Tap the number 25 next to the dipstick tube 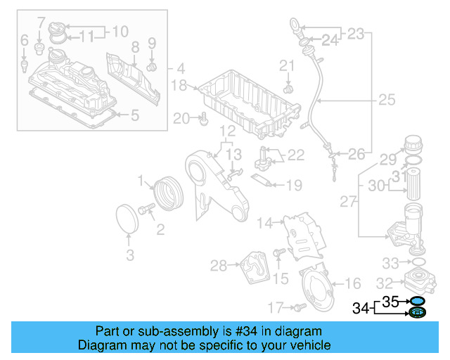387,100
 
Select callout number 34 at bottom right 360,307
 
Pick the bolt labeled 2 148,209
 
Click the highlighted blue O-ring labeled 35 417,301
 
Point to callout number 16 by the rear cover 353,283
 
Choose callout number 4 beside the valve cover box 181,69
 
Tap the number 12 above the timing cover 226,131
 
